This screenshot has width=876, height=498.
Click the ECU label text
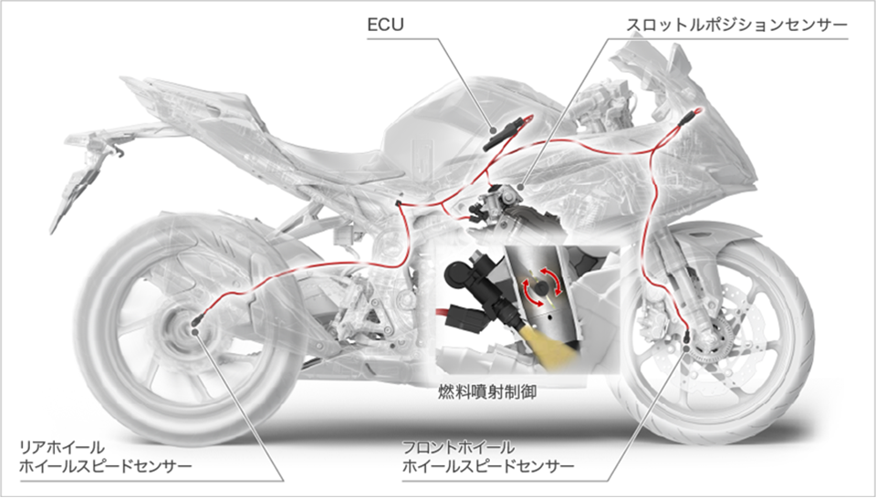tap(385, 26)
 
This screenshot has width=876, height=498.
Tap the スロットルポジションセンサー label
tap(736, 26)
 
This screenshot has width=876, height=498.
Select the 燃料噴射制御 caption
tap(487, 392)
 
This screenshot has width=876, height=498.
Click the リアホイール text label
tap(61, 447)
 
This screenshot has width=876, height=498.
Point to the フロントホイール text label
tap(458, 447)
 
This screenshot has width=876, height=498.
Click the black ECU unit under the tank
tap(501, 136)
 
